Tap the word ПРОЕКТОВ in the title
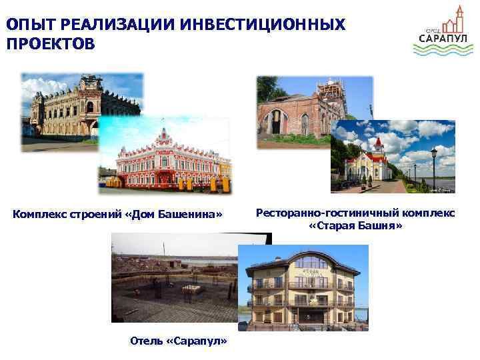[50, 45]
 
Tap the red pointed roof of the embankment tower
[378, 141]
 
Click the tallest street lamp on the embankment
[433, 167]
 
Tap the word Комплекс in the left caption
[39, 214]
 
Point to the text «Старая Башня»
[356, 226]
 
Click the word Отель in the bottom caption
[147, 341]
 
